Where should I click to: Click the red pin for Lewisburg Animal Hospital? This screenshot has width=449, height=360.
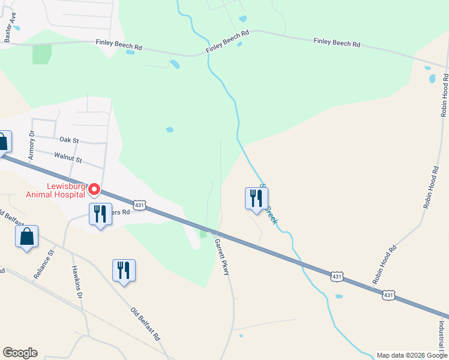click(94, 190)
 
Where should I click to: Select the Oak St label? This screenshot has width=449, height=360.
click(69, 140)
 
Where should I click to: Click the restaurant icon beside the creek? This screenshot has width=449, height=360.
click(256, 199)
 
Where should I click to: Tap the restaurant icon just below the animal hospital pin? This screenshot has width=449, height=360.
click(100, 214)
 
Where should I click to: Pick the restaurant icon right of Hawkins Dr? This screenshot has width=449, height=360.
click(124, 271)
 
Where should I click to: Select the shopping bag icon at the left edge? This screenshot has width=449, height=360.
click(4, 142)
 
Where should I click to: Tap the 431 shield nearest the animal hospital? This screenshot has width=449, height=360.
click(139, 205)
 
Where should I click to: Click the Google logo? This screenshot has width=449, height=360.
click(20, 353)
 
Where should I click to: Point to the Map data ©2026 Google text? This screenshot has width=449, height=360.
click(412, 355)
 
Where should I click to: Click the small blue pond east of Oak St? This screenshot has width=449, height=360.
click(170, 129)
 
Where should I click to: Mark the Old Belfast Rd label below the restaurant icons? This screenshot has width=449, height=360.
click(146, 325)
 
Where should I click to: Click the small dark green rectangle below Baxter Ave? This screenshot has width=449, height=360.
click(42, 54)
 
